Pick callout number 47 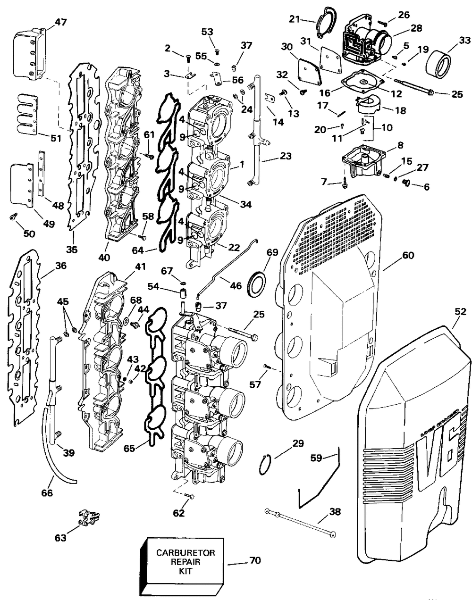[x=60, y=22]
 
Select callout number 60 [x=408, y=255]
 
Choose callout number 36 [x=60, y=266]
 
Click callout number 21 [x=295, y=19]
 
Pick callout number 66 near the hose [x=47, y=493]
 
